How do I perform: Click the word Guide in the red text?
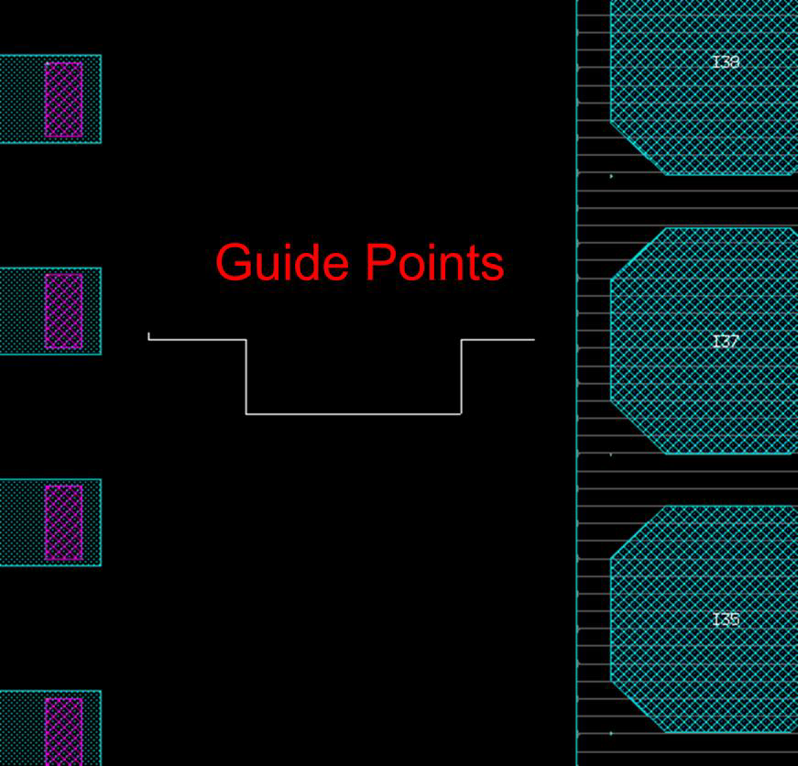pyautogui.click(x=282, y=262)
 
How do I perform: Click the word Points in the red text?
pyautogui.click(x=434, y=262)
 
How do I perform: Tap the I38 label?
pyautogui.click(x=726, y=62)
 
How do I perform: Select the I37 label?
pyautogui.click(x=726, y=342)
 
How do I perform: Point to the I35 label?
pyautogui.click(x=726, y=619)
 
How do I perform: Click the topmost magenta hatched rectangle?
pyautogui.click(x=63, y=99)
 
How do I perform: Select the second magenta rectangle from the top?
pyautogui.click(x=63, y=311)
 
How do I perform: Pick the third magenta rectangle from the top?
pyautogui.click(x=63, y=522)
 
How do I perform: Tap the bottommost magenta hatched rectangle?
pyautogui.click(x=63, y=730)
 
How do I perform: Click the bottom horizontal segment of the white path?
pyautogui.click(x=353, y=414)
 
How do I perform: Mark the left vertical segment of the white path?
pyautogui.click(x=246, y=377)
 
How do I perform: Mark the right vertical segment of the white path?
pyautogui.click(x=461, y=377)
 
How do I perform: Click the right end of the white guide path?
pyautogui.click(x=533, y=340)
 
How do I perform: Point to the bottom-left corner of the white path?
pyautogui.click(x=246, y=414)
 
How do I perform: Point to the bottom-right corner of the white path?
pyautogui.click(x=461, y=414)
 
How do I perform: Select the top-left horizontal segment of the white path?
pyautogui.click(x=197, y=340)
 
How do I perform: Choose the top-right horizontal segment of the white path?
pyautogui.click(x=497, y=340)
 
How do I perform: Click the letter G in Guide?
pyautogui.click(x=234, y=262)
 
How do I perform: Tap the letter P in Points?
pyautogui.click(x=377, y=262)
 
